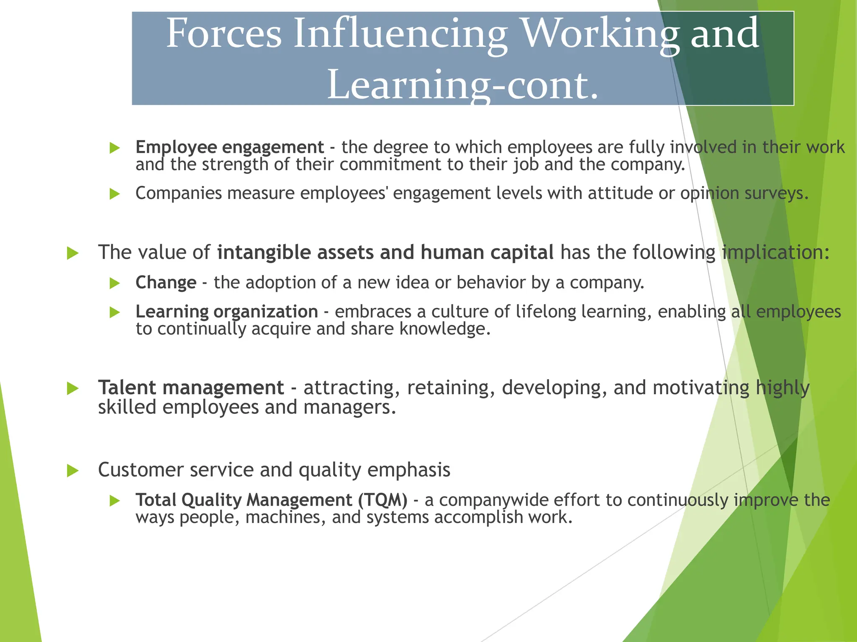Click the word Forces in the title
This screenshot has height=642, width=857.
224,33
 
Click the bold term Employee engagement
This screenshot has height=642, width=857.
230,147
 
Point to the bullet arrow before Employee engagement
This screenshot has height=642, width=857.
114,148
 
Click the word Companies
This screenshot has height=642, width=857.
179,193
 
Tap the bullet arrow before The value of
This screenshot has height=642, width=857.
73,253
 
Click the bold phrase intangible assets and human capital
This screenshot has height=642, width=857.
385,252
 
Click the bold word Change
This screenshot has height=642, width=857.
166,283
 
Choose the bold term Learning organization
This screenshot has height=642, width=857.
227,312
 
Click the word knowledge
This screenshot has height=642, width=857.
444,329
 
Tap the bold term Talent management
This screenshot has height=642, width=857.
191,387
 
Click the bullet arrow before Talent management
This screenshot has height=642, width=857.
73,388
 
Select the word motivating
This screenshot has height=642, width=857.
701,387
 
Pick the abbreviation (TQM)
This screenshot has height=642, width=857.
382,500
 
